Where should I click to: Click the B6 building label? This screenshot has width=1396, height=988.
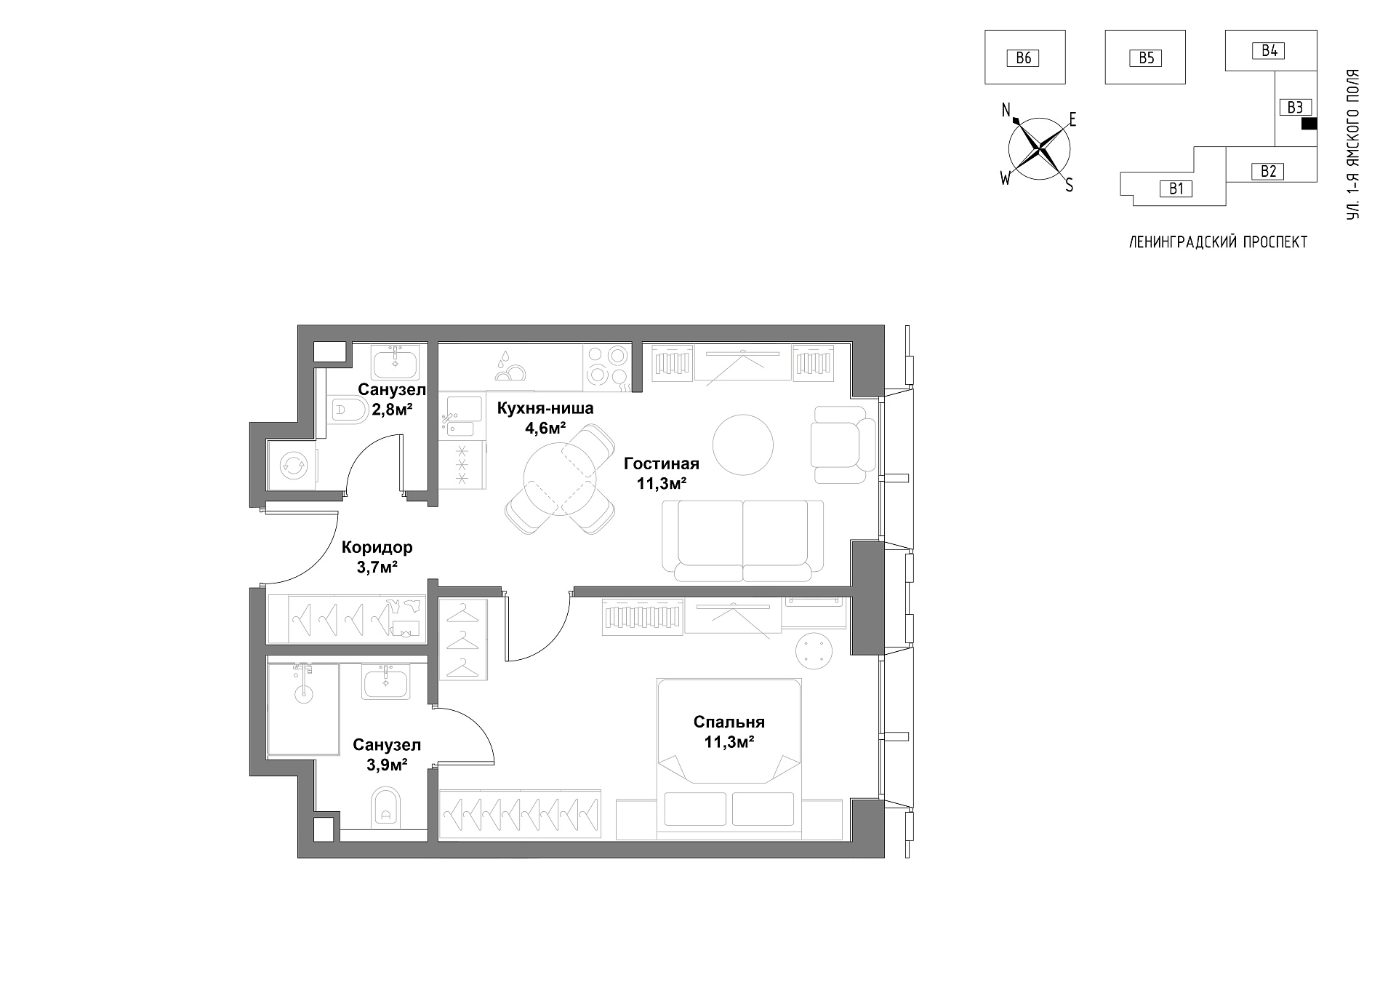click(x=1023, y=58)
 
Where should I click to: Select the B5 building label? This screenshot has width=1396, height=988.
click(x=1146, y=58)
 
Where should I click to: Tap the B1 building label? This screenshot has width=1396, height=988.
click(x=1176, y=189)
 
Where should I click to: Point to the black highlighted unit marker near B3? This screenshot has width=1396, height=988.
click(x=1308, y=124)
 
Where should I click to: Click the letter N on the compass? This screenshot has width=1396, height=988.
click(x=1007, y=111)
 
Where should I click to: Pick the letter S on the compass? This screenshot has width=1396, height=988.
click(x=1069, y=186)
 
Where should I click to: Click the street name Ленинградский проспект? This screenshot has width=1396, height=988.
click(x=1218, y=243)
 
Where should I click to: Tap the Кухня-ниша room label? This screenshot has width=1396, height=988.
click(x=545, y=408)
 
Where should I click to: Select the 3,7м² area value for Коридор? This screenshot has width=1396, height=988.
click(x=377, y=567)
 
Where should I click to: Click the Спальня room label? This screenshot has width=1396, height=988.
click(x=729, y=722)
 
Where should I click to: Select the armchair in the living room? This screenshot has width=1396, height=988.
click(x=843, y=445)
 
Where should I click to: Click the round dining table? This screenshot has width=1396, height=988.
click(x=560, y=478)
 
